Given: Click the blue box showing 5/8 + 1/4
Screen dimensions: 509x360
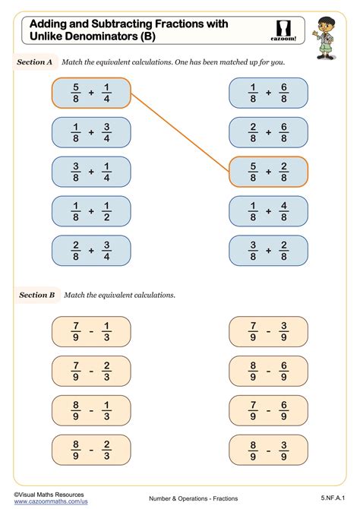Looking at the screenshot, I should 91,93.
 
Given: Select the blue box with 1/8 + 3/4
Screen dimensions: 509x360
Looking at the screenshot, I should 91,133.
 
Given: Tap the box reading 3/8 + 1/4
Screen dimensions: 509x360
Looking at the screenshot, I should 91,172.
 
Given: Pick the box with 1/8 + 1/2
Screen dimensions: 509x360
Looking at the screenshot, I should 91,212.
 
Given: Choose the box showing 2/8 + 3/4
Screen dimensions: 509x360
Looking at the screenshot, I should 91,251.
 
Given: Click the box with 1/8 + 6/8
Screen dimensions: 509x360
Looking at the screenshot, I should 268,93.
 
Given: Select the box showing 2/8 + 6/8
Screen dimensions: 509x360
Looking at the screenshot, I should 268,133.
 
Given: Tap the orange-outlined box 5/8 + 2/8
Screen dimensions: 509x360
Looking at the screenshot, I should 268,172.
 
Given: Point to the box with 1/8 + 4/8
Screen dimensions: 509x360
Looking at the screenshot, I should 268,212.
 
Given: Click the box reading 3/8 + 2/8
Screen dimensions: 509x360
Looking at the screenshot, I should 268,251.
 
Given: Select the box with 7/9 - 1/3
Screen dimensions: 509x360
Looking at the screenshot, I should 91,331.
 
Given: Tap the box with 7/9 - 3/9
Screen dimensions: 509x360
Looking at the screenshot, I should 268,331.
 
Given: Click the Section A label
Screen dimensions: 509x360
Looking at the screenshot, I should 35,64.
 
